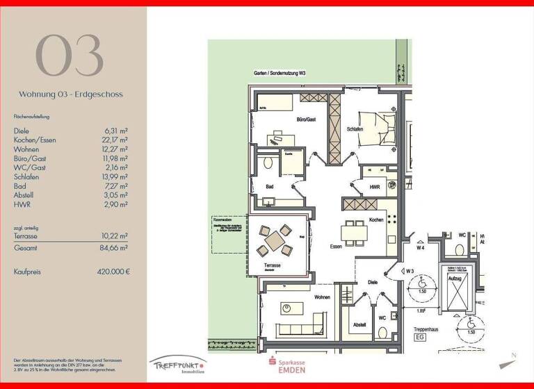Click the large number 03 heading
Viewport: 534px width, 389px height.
point(69,56)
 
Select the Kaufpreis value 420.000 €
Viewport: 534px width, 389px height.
point(113,272)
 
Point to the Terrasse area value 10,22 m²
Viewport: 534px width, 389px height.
point(114,236)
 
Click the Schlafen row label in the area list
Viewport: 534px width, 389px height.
point(26,176)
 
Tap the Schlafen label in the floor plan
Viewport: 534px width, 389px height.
point(355,129)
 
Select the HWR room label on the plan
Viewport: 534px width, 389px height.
point(374,188)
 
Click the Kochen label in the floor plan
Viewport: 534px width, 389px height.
point(376,220)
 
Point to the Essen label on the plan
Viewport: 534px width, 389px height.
point(337,247)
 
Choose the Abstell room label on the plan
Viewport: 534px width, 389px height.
point(359,324)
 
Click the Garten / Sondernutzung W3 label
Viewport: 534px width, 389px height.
point(280,74)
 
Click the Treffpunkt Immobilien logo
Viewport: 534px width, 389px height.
point(177,365)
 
